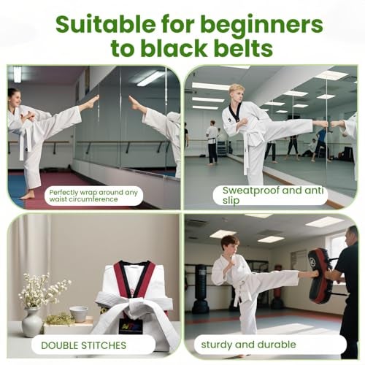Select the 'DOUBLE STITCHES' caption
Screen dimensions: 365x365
84,345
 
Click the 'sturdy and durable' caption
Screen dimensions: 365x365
248,345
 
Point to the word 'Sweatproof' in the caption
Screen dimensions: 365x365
250,191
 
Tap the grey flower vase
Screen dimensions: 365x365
32,322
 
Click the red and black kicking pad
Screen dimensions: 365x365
320,276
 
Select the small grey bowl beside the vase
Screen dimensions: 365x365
78,314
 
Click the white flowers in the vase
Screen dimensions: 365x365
42,290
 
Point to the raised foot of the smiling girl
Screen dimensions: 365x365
92,102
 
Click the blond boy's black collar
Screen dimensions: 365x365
236,112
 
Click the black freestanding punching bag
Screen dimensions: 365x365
200,288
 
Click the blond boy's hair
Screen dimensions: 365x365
237,88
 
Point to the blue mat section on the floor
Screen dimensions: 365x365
16,188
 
